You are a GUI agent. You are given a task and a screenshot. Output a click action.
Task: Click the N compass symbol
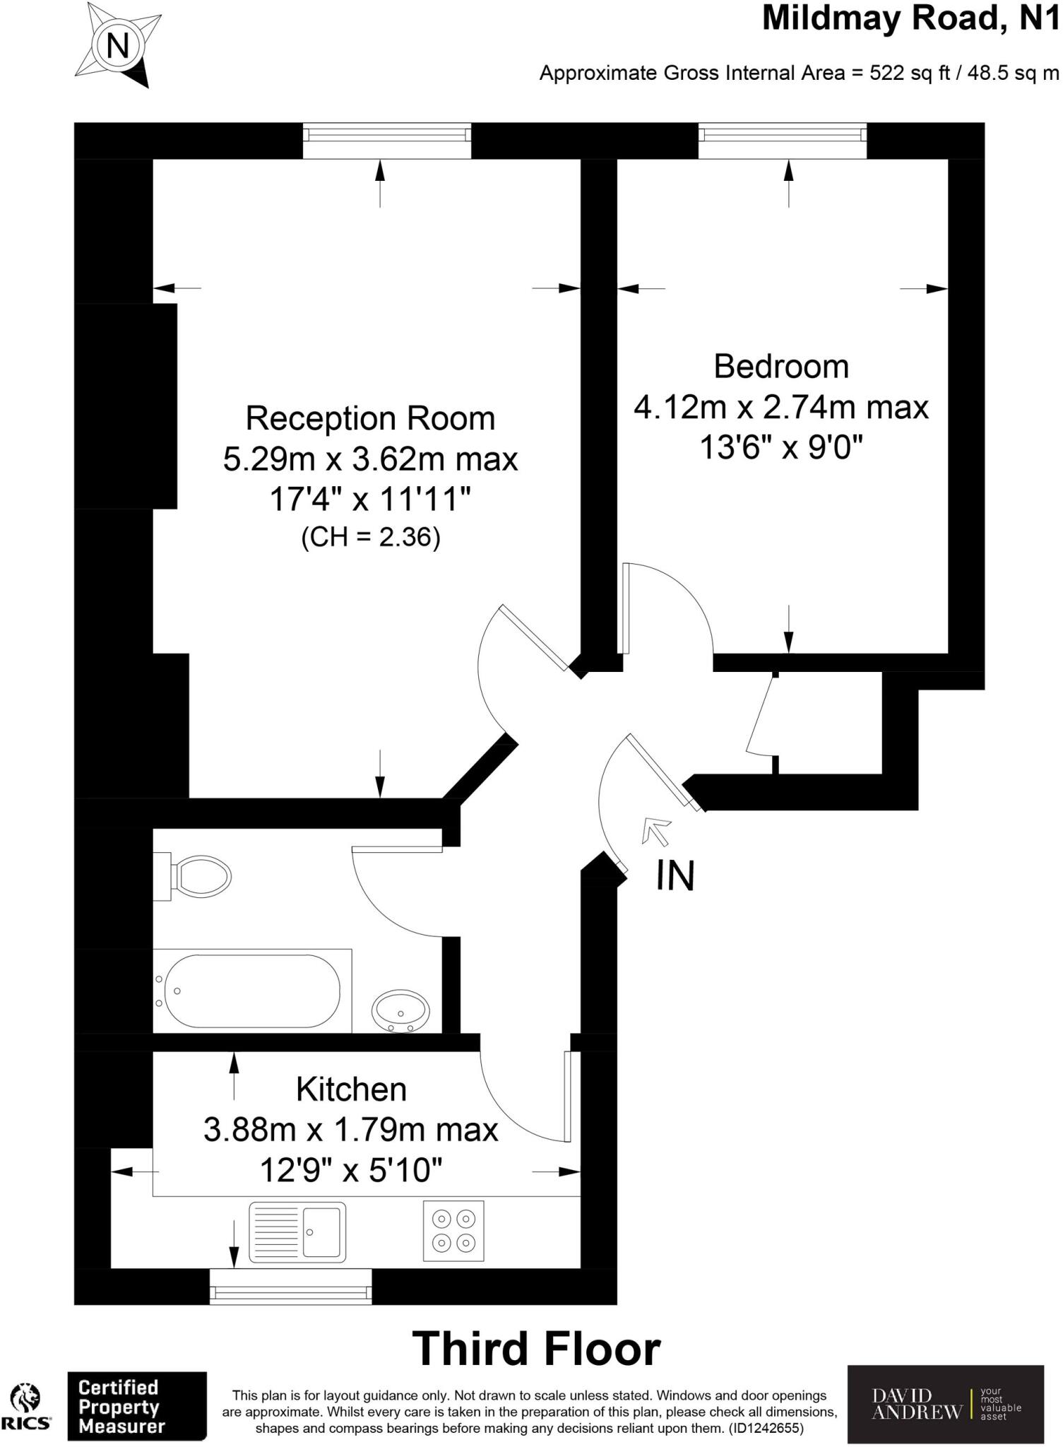point(117,47)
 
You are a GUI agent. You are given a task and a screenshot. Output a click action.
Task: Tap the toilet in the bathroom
point(198,877)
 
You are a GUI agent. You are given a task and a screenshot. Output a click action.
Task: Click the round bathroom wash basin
point(400,1011)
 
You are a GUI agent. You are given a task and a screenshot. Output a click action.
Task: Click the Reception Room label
point(370,418)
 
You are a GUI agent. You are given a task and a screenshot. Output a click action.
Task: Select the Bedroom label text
point(780,367)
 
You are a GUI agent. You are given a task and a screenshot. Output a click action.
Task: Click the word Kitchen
point(351,1089)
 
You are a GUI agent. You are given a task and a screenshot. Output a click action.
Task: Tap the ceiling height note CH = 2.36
point(370,538)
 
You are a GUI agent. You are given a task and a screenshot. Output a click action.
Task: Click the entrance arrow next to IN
point(656,830)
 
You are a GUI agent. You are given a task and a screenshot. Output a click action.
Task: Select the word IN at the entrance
point(675,875)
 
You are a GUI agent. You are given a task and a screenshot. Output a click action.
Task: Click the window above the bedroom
point(782,141)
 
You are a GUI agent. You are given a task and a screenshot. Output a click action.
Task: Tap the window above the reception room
point(386,141)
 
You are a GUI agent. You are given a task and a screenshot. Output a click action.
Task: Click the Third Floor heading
point(536,1349)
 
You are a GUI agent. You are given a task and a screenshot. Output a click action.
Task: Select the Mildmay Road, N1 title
point(911,19)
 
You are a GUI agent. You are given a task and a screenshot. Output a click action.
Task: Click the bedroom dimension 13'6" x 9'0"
point(781,447)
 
